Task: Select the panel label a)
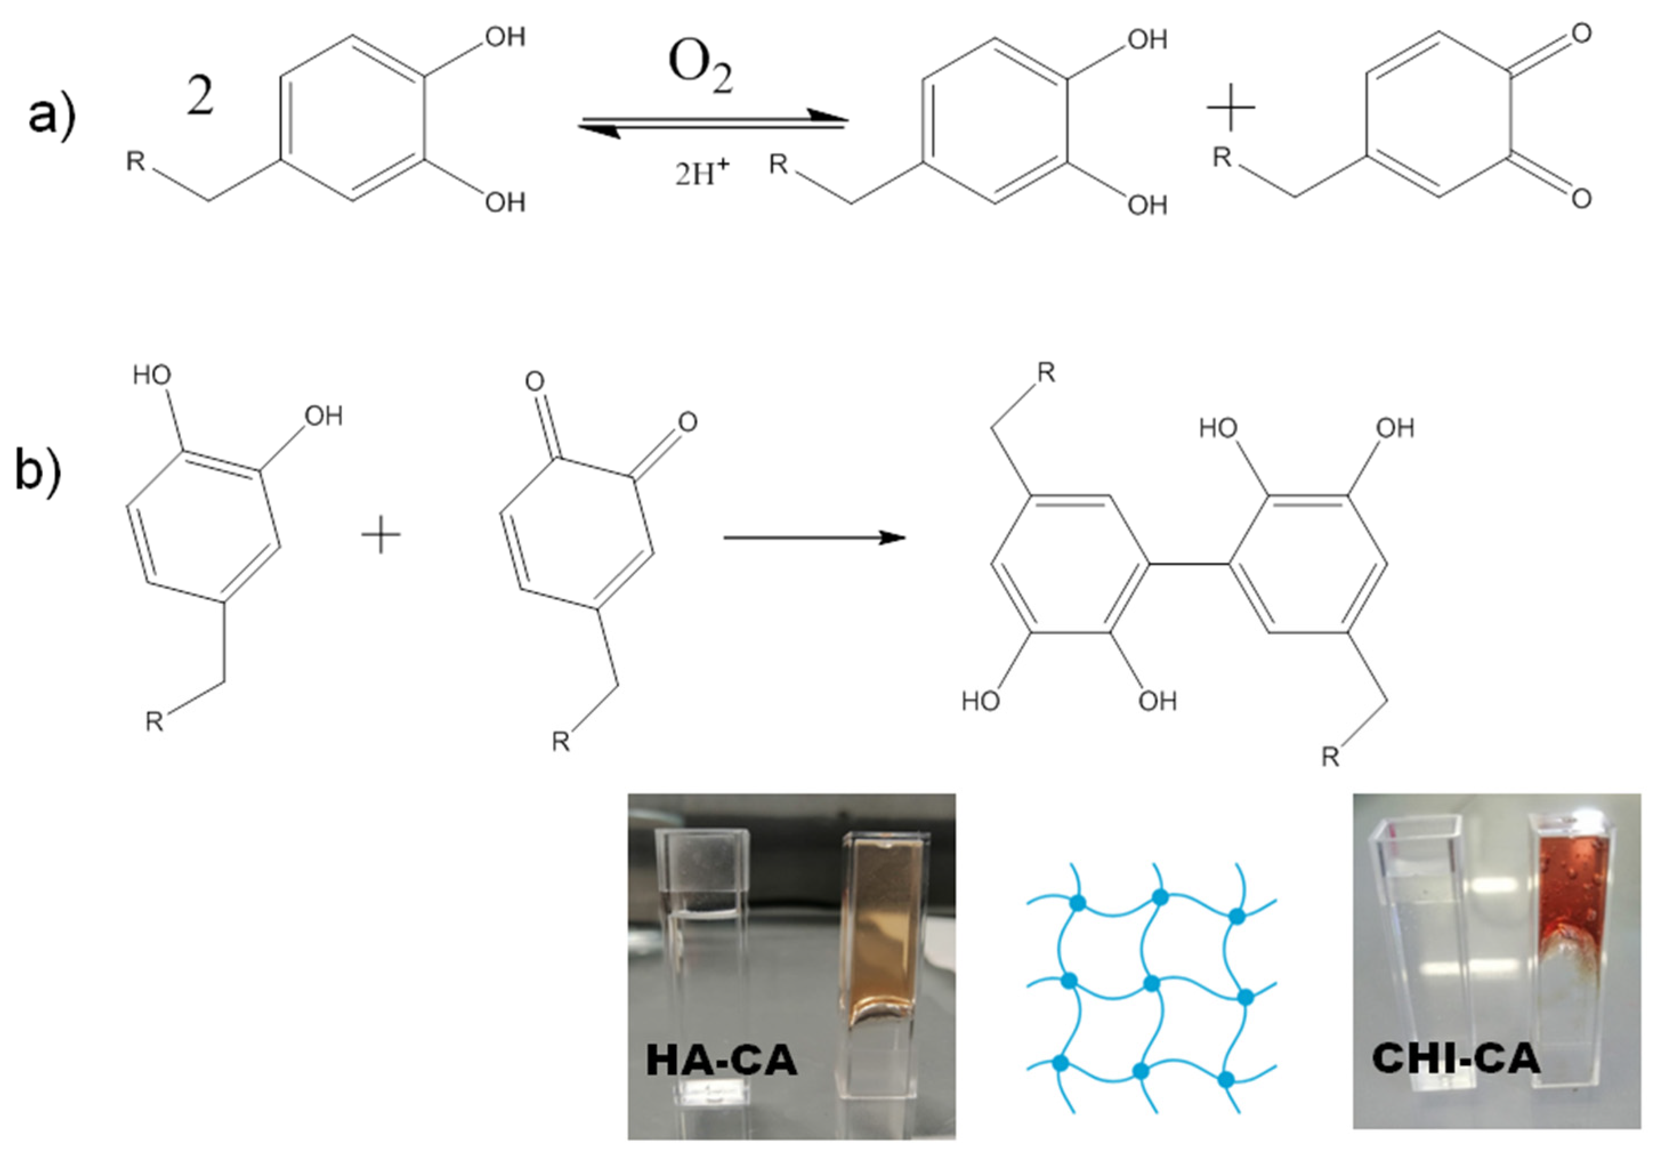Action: [x=51, y=115]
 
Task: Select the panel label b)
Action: [x=38, y=471]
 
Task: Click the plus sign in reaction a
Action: [x=1231, y=107]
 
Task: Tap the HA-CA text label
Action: [x=721, y=1060]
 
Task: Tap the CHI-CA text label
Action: [x=1455, y=1058]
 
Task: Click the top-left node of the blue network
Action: [x=1078, y=903]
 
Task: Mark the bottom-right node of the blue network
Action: [x=1226, y=1080]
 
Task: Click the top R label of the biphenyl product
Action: [x=1046, y=373]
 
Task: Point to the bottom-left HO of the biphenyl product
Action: [x=980, y=701]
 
